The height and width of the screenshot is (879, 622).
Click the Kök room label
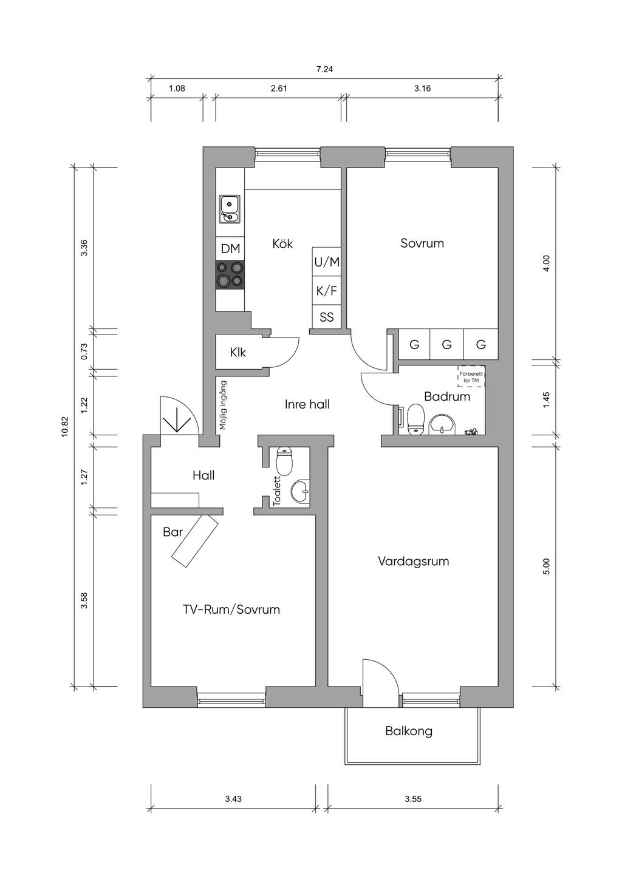tap(282, 243)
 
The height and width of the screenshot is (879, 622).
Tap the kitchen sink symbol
tap(230, 208)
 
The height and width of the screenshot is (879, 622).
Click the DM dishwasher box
tap(230, 248)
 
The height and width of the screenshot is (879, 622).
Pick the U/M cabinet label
tap(327, 262)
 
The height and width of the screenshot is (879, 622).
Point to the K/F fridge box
tap(327, 291)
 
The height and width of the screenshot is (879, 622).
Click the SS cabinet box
tap(327, 317)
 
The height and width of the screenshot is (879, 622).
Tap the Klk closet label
tap(238, 352)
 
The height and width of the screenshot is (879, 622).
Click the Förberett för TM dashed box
tap(471, 377)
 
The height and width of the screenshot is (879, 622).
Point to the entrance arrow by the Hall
tap(177, 419)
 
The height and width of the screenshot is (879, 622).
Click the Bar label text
tap(173, 532)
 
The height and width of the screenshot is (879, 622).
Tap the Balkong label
tap(409, 731)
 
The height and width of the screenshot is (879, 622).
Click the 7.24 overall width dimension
tap(324, 69)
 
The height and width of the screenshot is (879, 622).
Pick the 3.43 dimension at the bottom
tap(233, 799)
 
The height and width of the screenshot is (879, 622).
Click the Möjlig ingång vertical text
tap(223, 405)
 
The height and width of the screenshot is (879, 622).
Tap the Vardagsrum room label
tap(414, 561)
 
